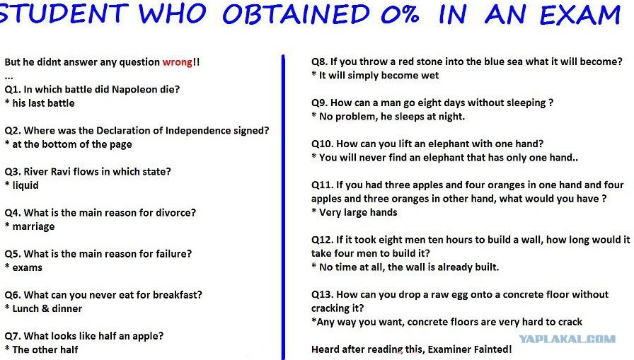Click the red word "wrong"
point(177,62)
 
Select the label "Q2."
point(13,131)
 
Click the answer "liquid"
point(25,185)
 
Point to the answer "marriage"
point(33,226)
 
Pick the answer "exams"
point(27,267)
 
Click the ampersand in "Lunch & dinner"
point(45,308)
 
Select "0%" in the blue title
point(400,15)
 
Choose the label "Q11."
point(322,185)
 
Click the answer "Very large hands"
point(358,212)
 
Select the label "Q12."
point(322,240)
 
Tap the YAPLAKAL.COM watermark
point(567,339)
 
